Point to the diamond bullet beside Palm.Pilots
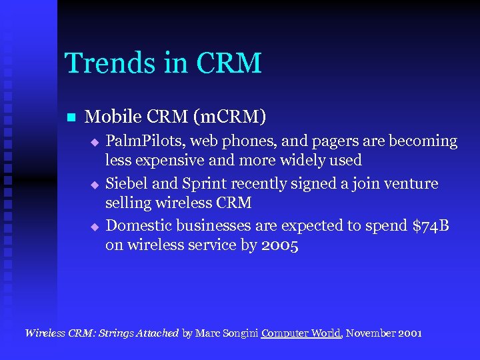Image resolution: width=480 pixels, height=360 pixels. (x=95, y=142)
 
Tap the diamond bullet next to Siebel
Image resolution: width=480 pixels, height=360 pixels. (x=95, y=184)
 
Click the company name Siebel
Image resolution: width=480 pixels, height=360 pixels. (x=127, y=183)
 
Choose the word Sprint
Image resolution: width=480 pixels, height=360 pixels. (x=204, y=183)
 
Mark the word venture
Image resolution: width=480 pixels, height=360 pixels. (x=413, y=183)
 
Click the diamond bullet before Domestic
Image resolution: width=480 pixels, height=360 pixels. (x=95, y=227)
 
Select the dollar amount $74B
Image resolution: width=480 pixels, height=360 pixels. (x=431, y=225)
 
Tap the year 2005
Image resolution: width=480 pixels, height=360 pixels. (x=280, y=245)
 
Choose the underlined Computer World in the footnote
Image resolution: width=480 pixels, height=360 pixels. (x=301, y=333)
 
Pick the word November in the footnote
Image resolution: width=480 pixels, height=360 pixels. (x=369, y=333)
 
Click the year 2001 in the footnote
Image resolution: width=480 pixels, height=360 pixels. (x=409, y=333)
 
